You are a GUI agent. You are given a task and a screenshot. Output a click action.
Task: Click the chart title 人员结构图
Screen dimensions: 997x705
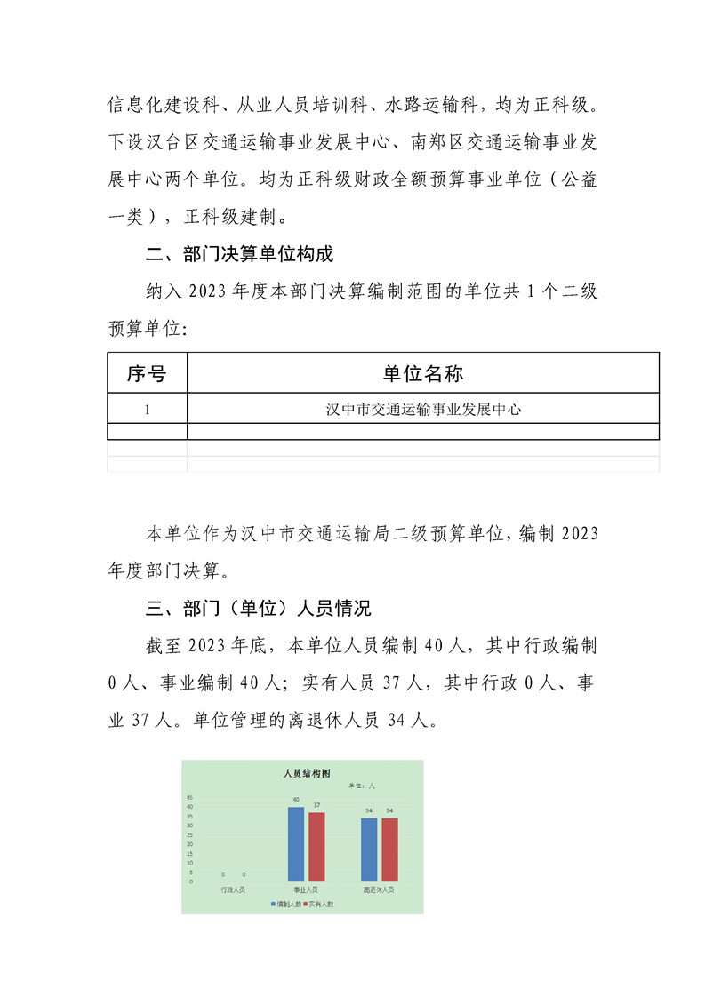(300, 774)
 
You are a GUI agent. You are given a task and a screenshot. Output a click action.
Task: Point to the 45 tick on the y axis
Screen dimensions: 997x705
(189, 797)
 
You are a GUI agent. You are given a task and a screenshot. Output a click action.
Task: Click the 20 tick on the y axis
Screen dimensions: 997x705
(189, 844)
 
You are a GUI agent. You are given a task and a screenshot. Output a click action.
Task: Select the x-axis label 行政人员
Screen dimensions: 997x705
(233, 889)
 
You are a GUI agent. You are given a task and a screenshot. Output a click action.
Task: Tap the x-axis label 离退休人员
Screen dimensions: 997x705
(379, 889)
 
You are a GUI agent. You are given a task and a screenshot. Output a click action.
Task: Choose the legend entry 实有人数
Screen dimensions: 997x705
(319, 904)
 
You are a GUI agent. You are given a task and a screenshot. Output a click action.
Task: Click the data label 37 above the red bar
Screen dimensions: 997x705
(316, 805)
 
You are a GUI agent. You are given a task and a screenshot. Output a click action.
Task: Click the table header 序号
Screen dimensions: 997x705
(147, 372)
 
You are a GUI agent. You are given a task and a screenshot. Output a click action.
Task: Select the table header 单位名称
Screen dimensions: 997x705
(423, 372)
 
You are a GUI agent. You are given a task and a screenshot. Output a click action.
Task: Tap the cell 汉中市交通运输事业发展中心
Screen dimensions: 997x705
(423, 409)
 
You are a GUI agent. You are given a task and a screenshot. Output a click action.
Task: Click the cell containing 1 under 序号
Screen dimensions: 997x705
(147, 409)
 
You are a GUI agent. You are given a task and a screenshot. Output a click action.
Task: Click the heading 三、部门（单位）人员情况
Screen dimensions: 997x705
(258, 609)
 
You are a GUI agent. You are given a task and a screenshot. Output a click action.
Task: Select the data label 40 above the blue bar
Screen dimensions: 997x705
(296, 800)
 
